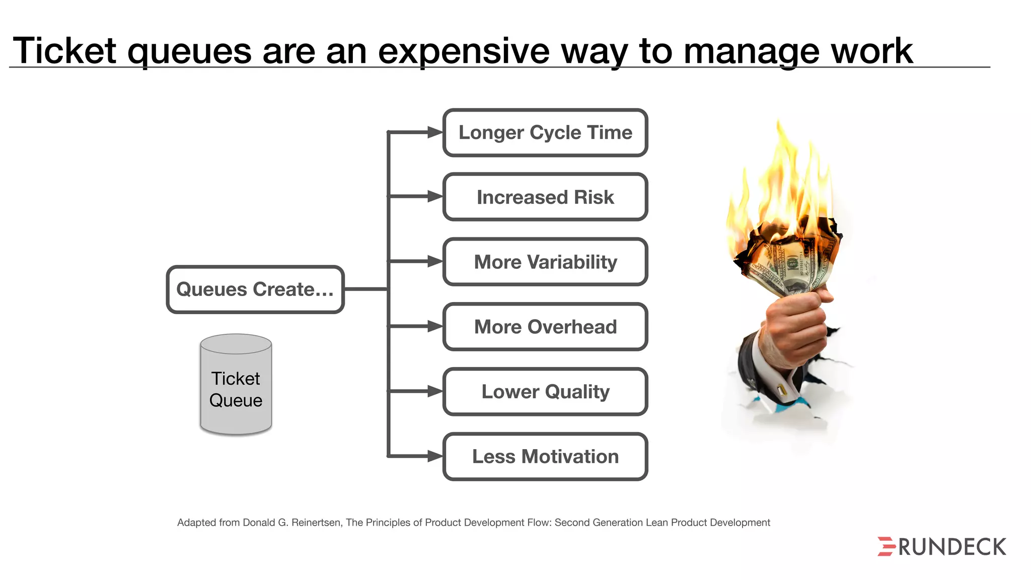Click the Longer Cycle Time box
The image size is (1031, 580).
545,133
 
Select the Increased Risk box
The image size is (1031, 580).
545,197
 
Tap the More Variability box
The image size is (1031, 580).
545,262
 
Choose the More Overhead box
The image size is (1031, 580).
545,327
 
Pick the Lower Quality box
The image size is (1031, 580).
545,392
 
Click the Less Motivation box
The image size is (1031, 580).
545,457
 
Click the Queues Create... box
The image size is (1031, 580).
255,289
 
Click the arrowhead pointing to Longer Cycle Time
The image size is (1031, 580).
434,132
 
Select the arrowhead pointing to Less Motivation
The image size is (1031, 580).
434,456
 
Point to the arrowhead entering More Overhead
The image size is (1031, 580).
434,327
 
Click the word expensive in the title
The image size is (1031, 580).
463,51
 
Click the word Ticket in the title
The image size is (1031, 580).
64,51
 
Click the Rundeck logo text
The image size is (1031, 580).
952,547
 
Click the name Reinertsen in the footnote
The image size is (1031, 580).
316,523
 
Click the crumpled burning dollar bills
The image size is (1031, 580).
788,262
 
